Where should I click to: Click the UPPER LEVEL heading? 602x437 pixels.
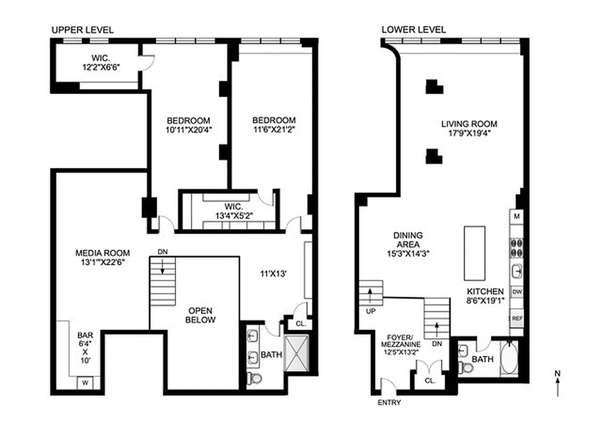tap(83, 30)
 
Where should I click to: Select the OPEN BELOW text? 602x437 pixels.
tap(201, 315)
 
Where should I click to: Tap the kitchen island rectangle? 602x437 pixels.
tap(475, 253)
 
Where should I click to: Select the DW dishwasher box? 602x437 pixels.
tap(517, 292)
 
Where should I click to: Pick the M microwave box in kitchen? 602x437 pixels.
tap(517, 217)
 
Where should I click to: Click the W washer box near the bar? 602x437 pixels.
tap(85, 382)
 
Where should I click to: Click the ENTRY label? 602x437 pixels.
tap(389, 403)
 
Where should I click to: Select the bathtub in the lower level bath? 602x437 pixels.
tap(508, 358)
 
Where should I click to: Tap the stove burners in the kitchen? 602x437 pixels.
tap(517, 247)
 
